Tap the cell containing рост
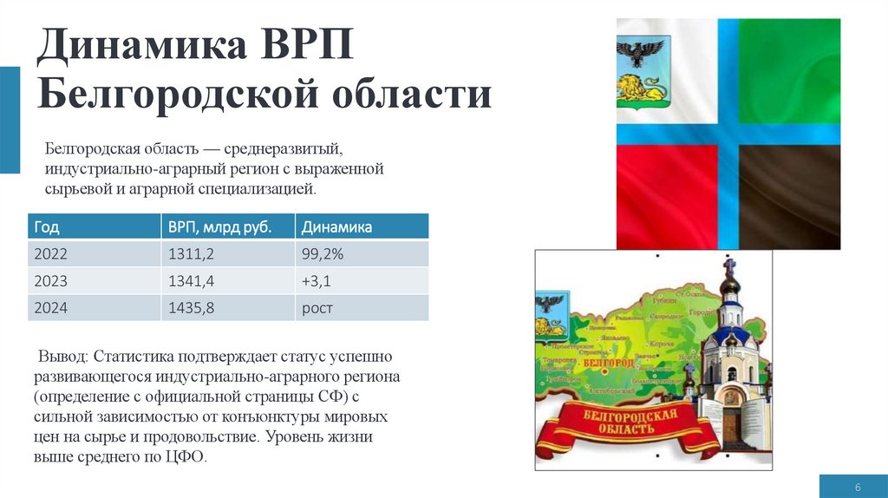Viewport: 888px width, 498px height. (x=317, y=308)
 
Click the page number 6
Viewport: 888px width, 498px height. (x=857, y=486)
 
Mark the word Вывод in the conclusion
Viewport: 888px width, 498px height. (x=62, y=357)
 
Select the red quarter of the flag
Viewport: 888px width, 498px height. (x=664, y=195)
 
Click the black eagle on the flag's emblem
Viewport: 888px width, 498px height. (x=642, y=54)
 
